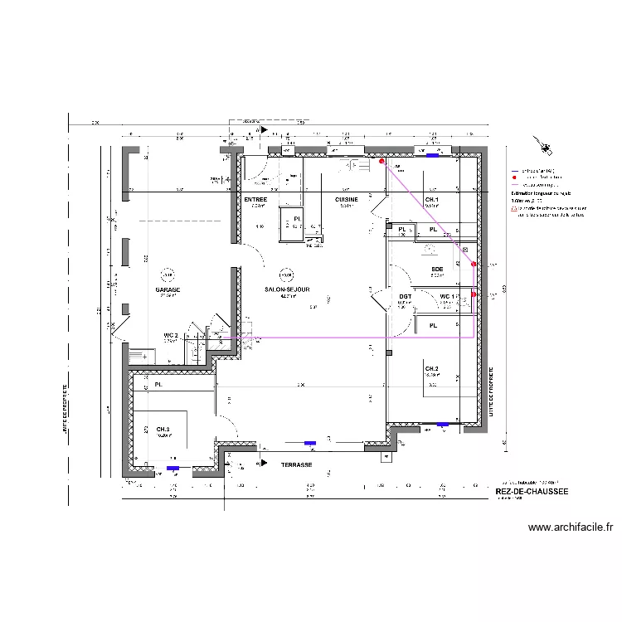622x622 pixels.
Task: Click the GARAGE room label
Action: click(x=168, y=289)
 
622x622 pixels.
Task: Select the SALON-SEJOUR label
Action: click(x=287, y=289)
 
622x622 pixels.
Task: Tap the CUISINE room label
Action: click(x=347, y=200)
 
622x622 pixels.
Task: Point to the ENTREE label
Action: click(x=255, y=200)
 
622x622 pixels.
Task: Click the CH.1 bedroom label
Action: click(x=431, y=200)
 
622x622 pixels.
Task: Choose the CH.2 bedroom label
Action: click(x=431, y=368)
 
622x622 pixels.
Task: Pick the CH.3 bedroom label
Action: click(x=163, y=429)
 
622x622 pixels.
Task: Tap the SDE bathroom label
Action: click(x=437, y=270)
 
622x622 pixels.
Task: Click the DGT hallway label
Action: click(x=405, y=296)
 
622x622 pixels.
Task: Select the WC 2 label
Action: click(x=171, y=334)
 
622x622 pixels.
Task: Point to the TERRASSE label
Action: click(x=296, y=465)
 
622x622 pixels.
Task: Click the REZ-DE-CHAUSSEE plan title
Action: click(x=531, y=491)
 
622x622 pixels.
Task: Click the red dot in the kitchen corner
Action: click(x=382, y=162)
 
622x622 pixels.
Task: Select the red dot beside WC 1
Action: click(x=474, y=294)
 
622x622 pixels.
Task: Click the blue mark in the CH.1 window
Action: click(x=432, y=154)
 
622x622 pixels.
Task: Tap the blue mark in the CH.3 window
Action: click(x=173, y=469)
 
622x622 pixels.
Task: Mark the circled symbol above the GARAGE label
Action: click(x=168, y=274)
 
